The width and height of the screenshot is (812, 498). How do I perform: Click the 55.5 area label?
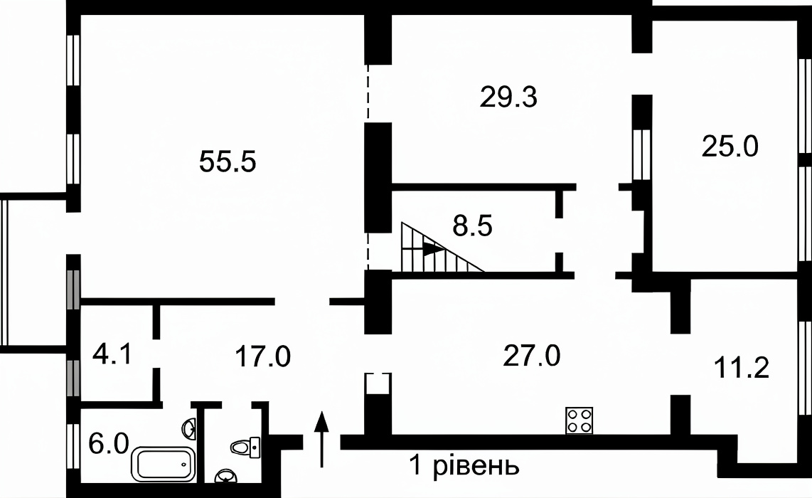pos(228,161)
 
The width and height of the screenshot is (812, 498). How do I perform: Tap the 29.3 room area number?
pos(508,97)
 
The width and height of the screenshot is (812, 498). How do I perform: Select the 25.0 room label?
pos(730,146)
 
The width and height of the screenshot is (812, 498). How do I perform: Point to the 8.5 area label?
pos(472,226)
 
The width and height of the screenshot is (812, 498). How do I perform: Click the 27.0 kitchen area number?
pos(531,356)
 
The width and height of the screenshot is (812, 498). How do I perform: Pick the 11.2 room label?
pos(741,367)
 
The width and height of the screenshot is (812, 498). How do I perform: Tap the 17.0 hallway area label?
pos(262,356)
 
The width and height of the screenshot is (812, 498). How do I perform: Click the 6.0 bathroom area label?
pos(108,444)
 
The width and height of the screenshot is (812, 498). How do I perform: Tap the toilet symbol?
pos(245,447)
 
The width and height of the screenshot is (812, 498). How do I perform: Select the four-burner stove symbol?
pos(579,420)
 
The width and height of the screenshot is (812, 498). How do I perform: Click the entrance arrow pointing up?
pos(321,439)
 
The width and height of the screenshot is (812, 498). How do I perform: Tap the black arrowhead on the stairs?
pos(434,249)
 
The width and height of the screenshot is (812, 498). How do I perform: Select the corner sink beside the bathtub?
pos(190,428)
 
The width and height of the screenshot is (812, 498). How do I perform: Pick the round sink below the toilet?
pos(225,475)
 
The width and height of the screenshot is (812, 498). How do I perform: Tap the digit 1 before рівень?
pos(415,465)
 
